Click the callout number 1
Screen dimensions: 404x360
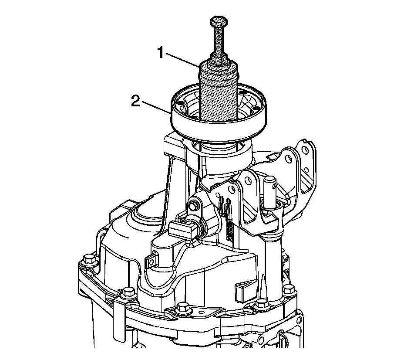tap(161, 53)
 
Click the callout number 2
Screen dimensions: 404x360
tap(136, 102)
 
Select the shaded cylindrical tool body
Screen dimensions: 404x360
tap(219, 93)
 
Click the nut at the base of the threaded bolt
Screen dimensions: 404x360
tap(219, 60)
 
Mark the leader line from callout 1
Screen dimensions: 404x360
tap(182, 60)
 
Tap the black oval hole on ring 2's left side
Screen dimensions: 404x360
tap(180, 103)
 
